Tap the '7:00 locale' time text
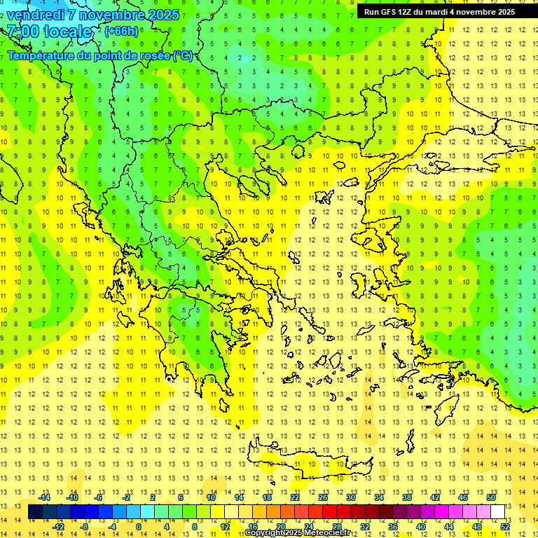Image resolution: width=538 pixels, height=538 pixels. click(49, 32)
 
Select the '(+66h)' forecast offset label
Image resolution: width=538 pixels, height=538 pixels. click(121, 31)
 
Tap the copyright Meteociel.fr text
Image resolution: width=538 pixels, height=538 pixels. click(302, 533)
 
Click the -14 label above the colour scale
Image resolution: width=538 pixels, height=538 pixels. click(45, 497)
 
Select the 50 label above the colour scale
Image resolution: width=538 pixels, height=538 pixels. click(491, 497)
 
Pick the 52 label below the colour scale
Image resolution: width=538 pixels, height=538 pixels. click(505, 526)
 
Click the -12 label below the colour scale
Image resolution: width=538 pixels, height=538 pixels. click(59, 526)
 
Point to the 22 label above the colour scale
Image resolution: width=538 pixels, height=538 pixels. click(295, 497)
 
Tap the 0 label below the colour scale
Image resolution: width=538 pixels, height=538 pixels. click(138, 526)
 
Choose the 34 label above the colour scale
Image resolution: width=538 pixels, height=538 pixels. click(379, 497)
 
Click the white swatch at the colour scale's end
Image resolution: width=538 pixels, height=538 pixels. click(498, 511)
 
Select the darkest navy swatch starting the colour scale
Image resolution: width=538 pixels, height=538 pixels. click(35, 511)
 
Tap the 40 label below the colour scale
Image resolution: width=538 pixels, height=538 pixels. click(421, 526)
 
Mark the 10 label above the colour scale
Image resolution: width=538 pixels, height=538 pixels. click(211, 497)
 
